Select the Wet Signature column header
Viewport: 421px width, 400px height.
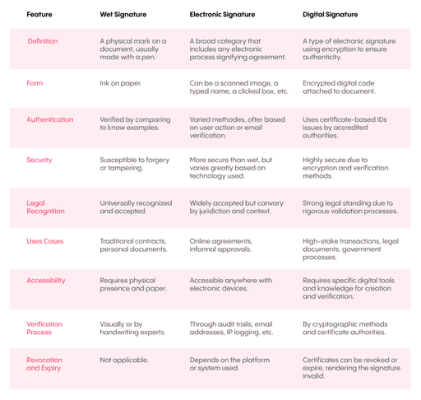point(123,14)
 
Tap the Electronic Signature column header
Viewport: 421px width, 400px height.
point(222,14)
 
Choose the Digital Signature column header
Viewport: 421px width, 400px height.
point(331,14)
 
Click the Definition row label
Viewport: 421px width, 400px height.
point(43,41)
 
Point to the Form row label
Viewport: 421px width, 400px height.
point(35,82)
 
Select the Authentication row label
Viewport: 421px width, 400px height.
point(50,119)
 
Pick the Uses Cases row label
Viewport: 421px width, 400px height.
point(45,241)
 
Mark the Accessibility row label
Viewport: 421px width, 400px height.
point(46,281)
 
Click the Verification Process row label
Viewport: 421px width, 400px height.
point(44,328)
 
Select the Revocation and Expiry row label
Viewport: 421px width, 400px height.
point(44,364)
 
